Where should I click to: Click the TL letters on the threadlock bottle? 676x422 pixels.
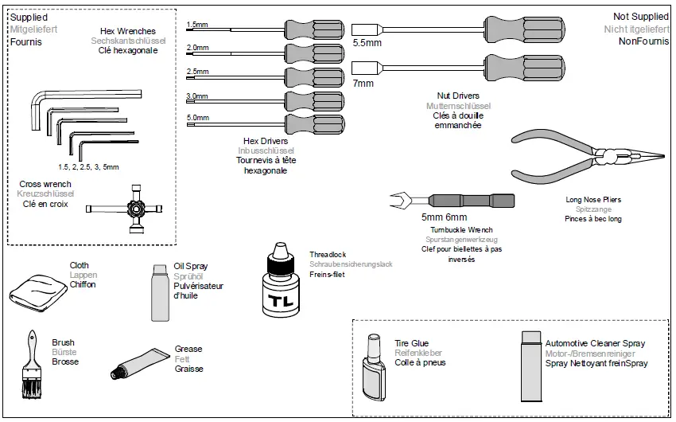pyautogui.click(x=280, y=302)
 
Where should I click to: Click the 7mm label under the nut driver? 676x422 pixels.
pyautogui.click(x=363, y=83)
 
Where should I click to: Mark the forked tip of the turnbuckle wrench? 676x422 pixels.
pyautogui.click(x=396, y=200)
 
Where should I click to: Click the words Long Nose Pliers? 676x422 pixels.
pyautogui.click(x=592, y=199)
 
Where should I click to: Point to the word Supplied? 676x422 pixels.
pyautogui.click(x=29, y=17)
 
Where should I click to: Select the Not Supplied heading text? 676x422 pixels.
pyautogui.click(x=642, y=17)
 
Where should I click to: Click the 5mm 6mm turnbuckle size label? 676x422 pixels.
pyautogui.click(x=445, y=217)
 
